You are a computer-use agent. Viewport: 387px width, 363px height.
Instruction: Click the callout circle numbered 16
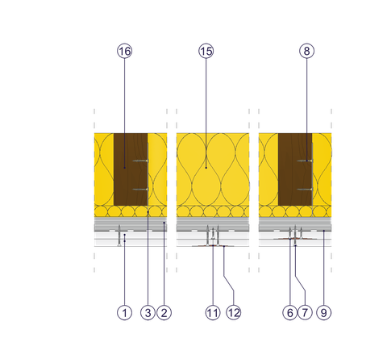124,51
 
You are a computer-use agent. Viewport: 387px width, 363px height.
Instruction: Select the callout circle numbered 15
206,51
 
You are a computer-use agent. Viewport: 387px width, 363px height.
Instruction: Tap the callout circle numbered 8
306,51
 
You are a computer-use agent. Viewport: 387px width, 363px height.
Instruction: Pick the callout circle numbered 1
124,313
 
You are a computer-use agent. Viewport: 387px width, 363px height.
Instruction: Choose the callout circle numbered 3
148,313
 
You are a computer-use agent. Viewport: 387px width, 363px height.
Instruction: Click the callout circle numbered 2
164,313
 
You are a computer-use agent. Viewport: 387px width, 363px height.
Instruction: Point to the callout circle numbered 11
213,313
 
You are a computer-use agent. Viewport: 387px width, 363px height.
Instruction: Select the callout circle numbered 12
233,313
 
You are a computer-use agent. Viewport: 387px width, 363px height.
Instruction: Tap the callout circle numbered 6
290,313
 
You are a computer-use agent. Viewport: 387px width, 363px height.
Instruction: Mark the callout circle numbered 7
305,313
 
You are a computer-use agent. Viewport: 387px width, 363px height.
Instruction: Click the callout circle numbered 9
324,313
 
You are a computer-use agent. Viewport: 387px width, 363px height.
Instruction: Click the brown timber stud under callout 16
131,169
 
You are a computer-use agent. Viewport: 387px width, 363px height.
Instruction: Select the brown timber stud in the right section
295,169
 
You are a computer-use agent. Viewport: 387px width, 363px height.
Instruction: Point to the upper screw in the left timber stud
140,161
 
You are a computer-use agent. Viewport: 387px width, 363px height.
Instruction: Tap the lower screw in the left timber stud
140,190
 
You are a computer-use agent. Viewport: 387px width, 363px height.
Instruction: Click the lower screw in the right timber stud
305,190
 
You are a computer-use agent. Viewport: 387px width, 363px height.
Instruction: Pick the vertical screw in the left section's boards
119,236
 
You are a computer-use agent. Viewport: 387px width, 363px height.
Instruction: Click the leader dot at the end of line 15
206,168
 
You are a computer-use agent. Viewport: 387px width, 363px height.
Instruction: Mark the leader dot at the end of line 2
164,223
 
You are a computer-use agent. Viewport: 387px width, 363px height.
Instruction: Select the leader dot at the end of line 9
324,231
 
